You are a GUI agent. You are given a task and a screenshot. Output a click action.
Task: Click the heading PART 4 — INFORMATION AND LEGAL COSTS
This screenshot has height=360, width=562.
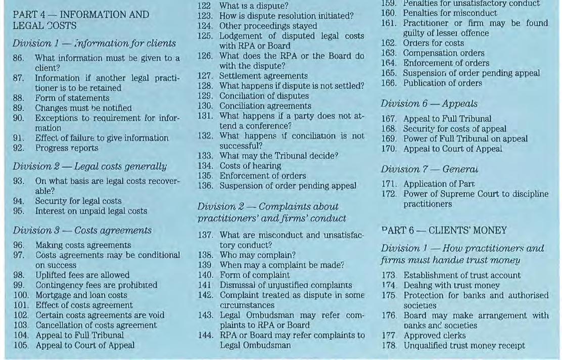[x=81, y=20]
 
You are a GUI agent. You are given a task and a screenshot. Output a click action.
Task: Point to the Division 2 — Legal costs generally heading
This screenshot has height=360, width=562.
[x=90, y=166]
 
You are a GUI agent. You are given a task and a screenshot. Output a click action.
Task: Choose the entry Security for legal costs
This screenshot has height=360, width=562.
[x=78, y=201]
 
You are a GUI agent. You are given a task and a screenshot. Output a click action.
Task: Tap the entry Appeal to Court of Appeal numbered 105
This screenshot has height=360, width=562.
[x=84, y=345]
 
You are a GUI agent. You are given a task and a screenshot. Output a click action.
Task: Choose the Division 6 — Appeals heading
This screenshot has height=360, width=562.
[x=429, y=104]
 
